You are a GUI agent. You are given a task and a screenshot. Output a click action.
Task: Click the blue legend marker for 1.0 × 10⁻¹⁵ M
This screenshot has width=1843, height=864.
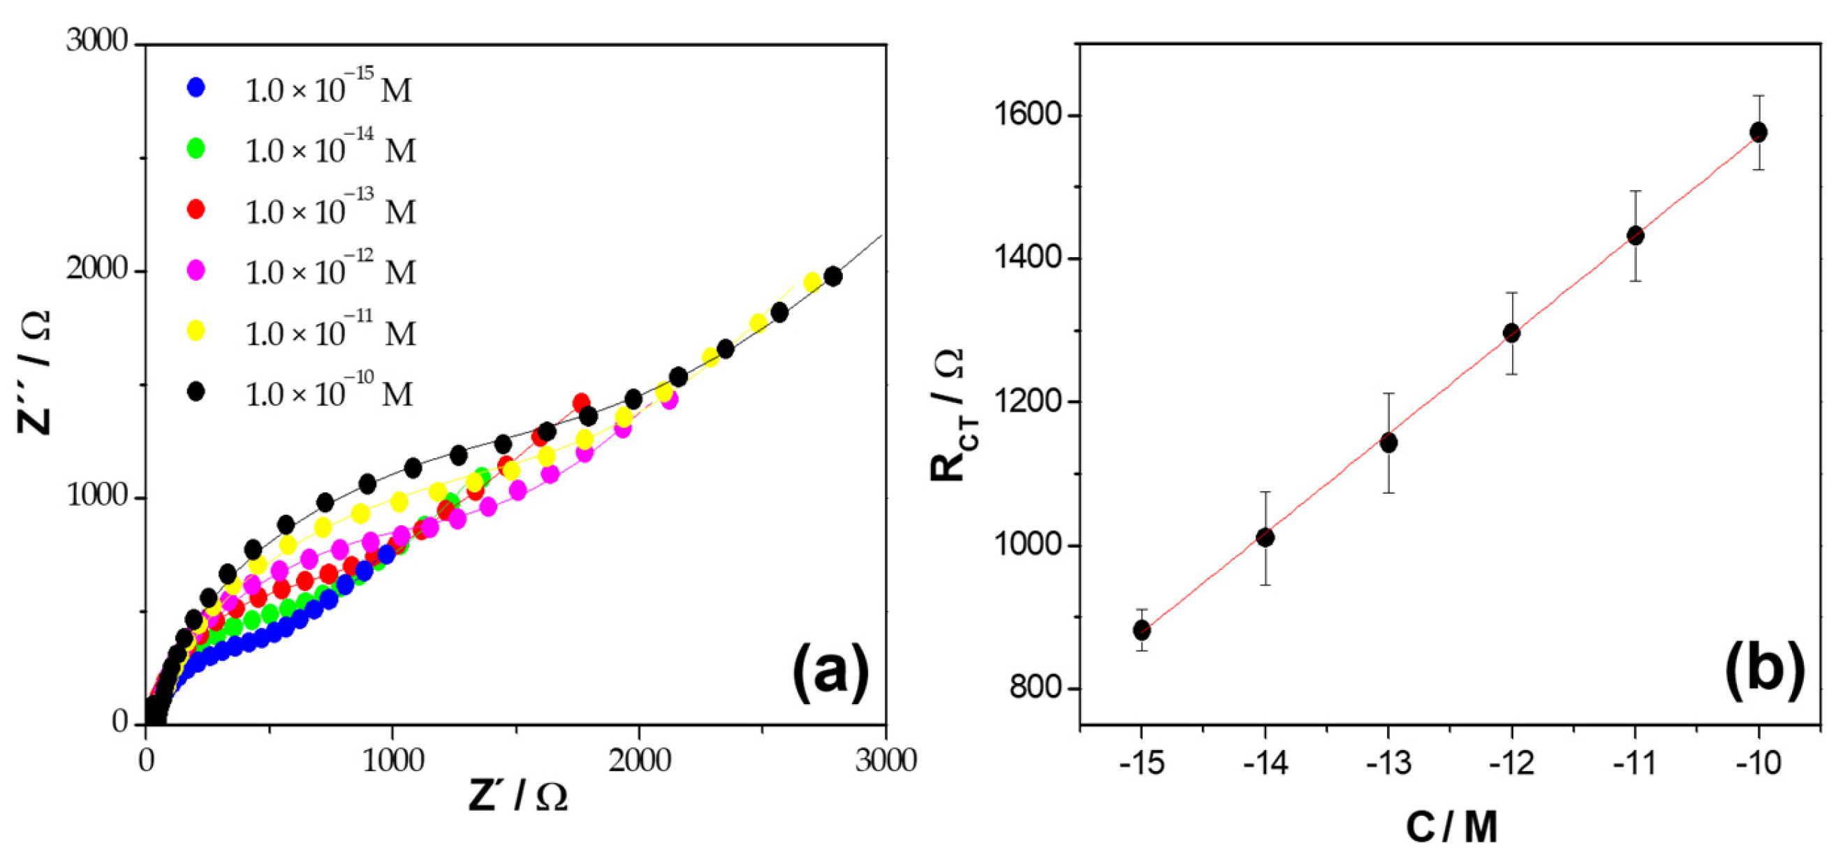[x=196, y=87]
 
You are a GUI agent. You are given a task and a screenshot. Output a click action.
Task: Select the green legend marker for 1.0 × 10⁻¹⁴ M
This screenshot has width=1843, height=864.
[x=196, y=148]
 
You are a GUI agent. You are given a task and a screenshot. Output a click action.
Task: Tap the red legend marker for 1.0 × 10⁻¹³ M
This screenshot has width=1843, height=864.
[x=196, y=209]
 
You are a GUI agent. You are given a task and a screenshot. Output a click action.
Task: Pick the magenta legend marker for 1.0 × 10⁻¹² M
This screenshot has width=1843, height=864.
[x=196, y=270]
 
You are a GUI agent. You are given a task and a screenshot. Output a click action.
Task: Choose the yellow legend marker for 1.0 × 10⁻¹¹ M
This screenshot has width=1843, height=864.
[x=196, y=330]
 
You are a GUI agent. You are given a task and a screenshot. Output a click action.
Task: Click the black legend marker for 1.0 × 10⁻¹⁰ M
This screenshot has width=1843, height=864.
[x=196, y=392]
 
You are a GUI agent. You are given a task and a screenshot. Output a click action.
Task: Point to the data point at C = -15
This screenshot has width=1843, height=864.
[x=1142, y=630]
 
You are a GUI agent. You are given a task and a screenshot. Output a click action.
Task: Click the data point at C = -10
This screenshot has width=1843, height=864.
[x=1758, y=132]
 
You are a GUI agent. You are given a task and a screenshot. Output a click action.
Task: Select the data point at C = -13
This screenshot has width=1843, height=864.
[x=1388, y=443]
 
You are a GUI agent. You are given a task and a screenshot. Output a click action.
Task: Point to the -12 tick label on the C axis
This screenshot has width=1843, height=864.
[x=1512, y=764]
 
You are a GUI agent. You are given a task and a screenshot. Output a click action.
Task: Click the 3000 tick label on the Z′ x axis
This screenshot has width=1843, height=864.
[x=886, y=761]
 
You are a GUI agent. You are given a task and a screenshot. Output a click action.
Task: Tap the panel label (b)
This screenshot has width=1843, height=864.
[x=1764, y=672]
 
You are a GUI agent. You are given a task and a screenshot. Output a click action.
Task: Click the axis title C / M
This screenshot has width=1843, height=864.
[x=1451, y=828]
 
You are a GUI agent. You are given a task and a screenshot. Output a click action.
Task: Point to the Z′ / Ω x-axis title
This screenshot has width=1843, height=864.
[x=518, y=796]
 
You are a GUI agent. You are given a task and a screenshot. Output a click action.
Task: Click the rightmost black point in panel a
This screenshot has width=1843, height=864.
[x=832, y=277]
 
